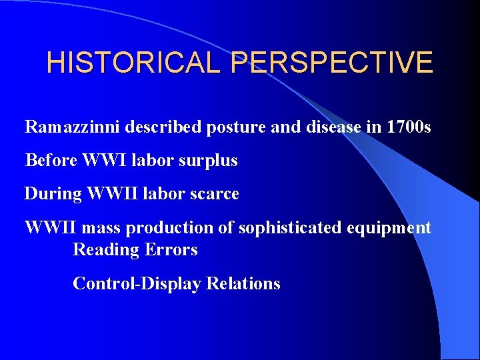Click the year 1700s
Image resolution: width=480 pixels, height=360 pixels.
(409, 127)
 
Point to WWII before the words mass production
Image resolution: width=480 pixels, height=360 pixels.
(53, 227)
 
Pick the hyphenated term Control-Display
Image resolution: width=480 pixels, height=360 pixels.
(137, 283)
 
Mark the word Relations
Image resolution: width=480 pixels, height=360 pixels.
(243, 283)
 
